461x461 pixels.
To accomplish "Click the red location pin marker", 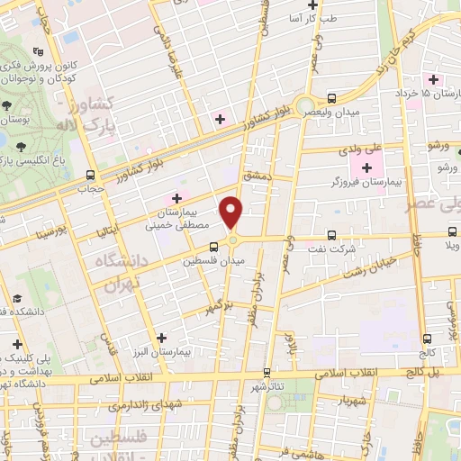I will click(x=232, y=212).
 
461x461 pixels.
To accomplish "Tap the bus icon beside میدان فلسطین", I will click(x=213, y=246).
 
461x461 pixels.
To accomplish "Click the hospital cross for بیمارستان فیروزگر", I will click(x=366, y=167).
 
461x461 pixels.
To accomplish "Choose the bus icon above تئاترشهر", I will click(x=266, y=371).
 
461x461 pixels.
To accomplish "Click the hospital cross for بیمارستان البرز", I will click(x=161, y=338).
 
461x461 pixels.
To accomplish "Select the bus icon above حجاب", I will click(x=88, y=175).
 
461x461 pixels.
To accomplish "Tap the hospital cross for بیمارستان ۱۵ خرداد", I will click(x=433, y=80).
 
